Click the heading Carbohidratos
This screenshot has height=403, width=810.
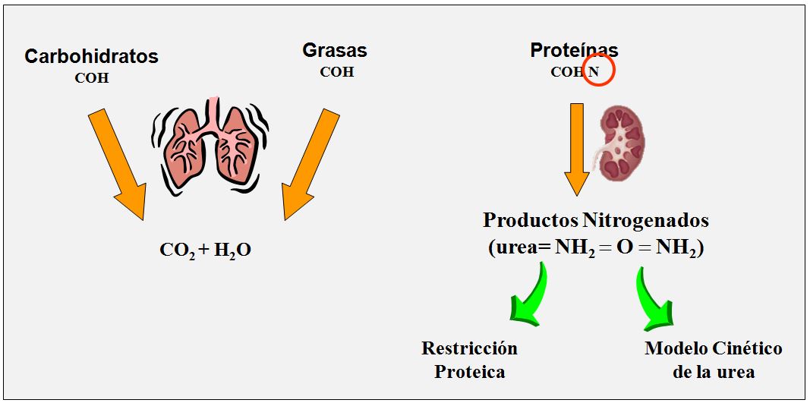(x=91, y=56)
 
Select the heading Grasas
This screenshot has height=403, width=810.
(x=335, y=51)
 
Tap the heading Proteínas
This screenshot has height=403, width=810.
(x=574, y=51)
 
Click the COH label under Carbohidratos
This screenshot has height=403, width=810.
(x=91, y=77)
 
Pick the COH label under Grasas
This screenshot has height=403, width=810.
(x=336, y=72)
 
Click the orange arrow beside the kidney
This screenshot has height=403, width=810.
(x=577, y=149)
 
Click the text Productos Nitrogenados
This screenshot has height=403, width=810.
(x=596, y=221)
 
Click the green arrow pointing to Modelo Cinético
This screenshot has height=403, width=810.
(x=654, y=298)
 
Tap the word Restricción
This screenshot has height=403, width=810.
(x=469, y=348)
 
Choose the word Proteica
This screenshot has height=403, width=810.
(x=469, y=371)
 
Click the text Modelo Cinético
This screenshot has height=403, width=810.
(x=713, y=348)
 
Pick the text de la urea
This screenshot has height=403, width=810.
(x=713, y=371)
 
